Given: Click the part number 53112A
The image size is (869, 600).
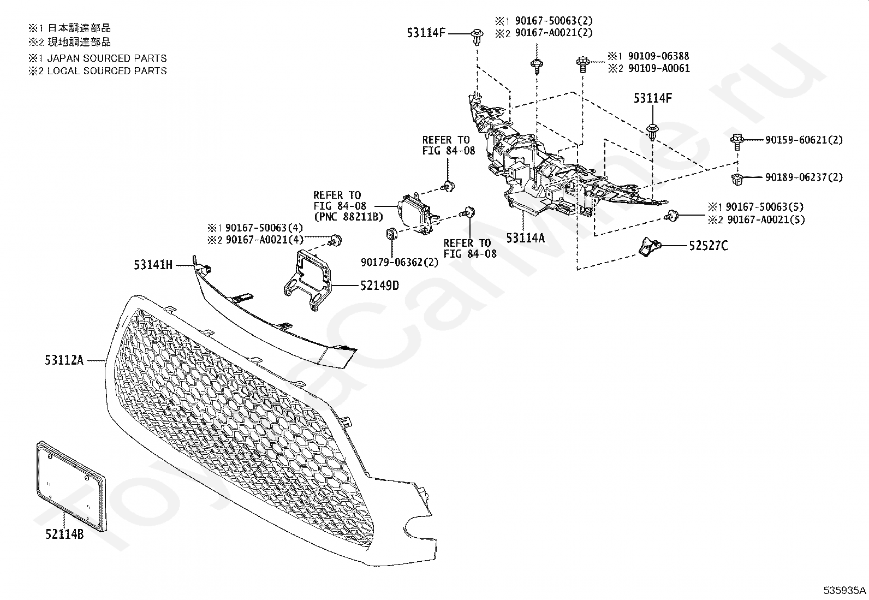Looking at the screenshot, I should (64, 360).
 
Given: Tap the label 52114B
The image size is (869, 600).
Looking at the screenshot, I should (64, 534).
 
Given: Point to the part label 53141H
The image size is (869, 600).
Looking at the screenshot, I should (153, 265).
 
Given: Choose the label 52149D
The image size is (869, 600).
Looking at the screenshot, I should (379, 286).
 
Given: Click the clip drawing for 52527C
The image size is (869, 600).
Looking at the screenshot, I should (650, 246).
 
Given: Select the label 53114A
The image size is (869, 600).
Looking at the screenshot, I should (525, 237).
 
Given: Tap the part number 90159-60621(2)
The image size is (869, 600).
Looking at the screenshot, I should (803, 140).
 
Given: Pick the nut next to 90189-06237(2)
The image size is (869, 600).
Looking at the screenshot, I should (737, 178).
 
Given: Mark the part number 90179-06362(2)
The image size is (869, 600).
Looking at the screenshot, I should (400, 262).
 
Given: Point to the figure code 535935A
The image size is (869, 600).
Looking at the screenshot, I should (845, 590).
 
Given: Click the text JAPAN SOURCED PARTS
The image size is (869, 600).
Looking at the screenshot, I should (107, 58).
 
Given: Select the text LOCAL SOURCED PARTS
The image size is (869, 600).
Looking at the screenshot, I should (107, 70).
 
